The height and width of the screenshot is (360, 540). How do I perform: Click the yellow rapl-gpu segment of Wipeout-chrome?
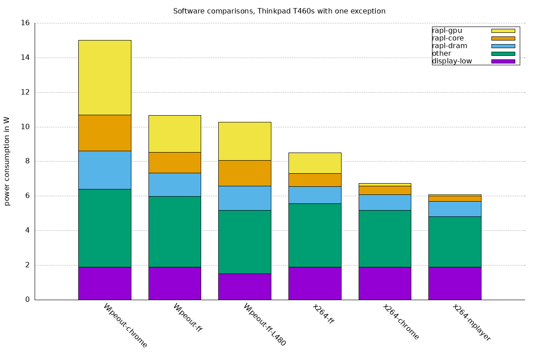(104, 77)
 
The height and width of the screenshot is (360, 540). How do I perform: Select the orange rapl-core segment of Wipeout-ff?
(175, 162)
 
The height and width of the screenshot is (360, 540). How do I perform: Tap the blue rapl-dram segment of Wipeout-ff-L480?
(244, 198)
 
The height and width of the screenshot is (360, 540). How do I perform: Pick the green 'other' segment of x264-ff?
(315, 235)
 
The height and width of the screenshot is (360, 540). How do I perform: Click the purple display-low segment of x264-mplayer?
(454, 283)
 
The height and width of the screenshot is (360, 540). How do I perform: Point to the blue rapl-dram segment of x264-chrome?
(385, 202)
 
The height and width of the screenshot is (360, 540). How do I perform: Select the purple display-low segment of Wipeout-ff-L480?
(244, 286)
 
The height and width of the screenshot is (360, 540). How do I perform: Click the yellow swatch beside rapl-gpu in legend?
(503, 31)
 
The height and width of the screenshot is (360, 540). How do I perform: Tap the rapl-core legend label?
(448, 38)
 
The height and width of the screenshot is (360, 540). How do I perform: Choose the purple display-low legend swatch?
(503, 61)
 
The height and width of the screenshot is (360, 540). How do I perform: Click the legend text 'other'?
(441, 54)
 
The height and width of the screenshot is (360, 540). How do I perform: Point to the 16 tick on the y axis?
(26, 23)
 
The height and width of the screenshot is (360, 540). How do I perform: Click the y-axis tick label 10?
(26, 127)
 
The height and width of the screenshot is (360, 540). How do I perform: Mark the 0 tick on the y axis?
(27, 300)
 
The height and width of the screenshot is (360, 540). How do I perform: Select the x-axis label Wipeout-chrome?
(125, 325)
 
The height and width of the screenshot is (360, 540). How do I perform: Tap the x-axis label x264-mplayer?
(471, 322)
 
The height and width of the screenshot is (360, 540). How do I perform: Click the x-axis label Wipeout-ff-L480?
(265, 324)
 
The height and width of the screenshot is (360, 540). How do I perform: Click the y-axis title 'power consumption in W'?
(7, 161)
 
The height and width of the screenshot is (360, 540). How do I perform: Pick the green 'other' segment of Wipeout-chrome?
(104, 228)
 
